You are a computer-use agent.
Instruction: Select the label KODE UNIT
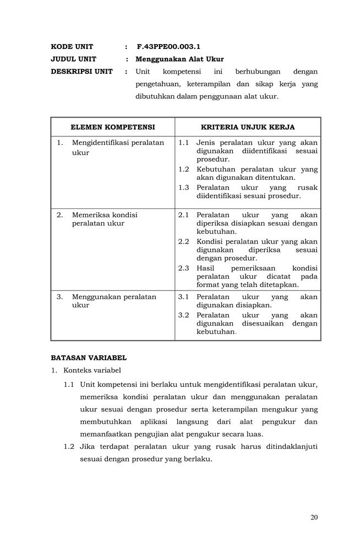pos(72,47)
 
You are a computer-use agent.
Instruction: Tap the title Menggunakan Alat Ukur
pos(180,59)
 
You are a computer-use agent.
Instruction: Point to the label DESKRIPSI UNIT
pos(81,71)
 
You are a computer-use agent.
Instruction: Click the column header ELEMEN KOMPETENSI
pos(113,127)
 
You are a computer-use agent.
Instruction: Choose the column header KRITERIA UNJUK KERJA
pos(248,127)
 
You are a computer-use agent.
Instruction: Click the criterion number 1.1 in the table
pos(184,142)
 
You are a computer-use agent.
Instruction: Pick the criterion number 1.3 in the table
pos(184,187)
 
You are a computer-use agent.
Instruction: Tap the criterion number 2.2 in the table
pos(184,241)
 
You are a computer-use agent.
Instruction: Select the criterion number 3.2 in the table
pos(184,315)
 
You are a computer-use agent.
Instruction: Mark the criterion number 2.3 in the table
pos(184,268)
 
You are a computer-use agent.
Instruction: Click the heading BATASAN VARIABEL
pos(89,358)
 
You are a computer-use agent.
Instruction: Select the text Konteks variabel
pos(92,370)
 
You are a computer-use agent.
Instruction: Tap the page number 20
pos(314,517)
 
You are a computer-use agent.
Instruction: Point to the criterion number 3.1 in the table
pos(184,297)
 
